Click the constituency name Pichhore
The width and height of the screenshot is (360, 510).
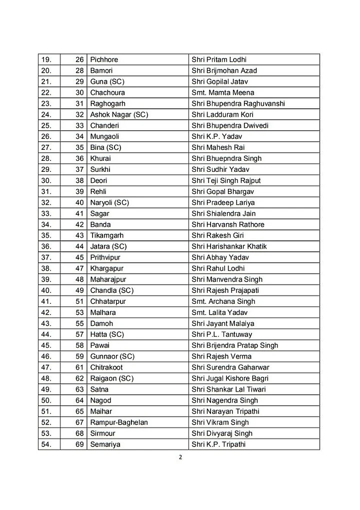point(104,59)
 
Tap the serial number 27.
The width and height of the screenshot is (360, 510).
point(46,147)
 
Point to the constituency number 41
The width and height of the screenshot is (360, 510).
point(79,213)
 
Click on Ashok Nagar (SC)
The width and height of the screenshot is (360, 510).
point(119,114)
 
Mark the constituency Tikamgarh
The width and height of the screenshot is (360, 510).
point(106,235)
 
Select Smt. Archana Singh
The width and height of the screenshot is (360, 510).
point(223,301)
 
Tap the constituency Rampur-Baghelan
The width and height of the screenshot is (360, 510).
point(118,422)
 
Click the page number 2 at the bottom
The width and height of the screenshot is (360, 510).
point(179,456)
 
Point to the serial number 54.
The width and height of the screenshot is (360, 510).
point(46,444)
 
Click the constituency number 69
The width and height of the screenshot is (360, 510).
point(79,444)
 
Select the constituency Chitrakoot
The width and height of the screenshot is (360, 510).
point(106,367)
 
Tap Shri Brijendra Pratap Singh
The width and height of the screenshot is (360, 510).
point(234,345)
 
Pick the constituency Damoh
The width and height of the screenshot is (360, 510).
point(101,323)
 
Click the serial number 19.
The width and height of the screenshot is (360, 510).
point(46,59)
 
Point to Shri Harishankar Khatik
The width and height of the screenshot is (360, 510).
point(229,246)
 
